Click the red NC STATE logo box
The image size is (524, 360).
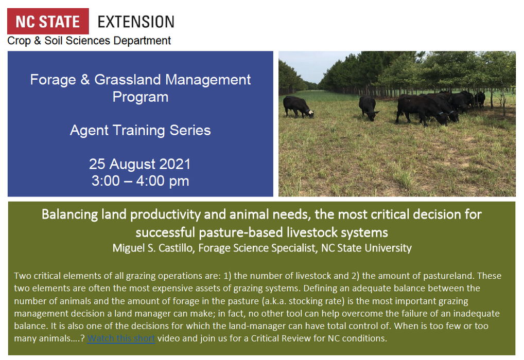(x=48, y=22)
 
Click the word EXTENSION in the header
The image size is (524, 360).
(x=136, y=22)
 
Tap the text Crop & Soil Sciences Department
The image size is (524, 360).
(x=89, y=41)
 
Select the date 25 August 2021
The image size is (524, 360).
(x=139, y=164)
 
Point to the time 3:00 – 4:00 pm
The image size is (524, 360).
(x=141, y=181)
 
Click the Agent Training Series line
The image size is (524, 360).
(x=141, y=130)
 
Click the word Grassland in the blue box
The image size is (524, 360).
(x=128, y=80)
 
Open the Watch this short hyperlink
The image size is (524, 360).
(x=121, y=338)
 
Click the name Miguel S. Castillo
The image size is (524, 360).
(x=153, y=248)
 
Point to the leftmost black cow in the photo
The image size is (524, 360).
(x=298, y=107)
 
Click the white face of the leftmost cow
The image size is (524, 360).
(x=311, y=114)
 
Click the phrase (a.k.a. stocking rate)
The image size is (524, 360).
(x=304, y=301)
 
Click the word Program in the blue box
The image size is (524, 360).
(x=141, y=97)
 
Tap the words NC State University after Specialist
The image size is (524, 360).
(x=366, y=248)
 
